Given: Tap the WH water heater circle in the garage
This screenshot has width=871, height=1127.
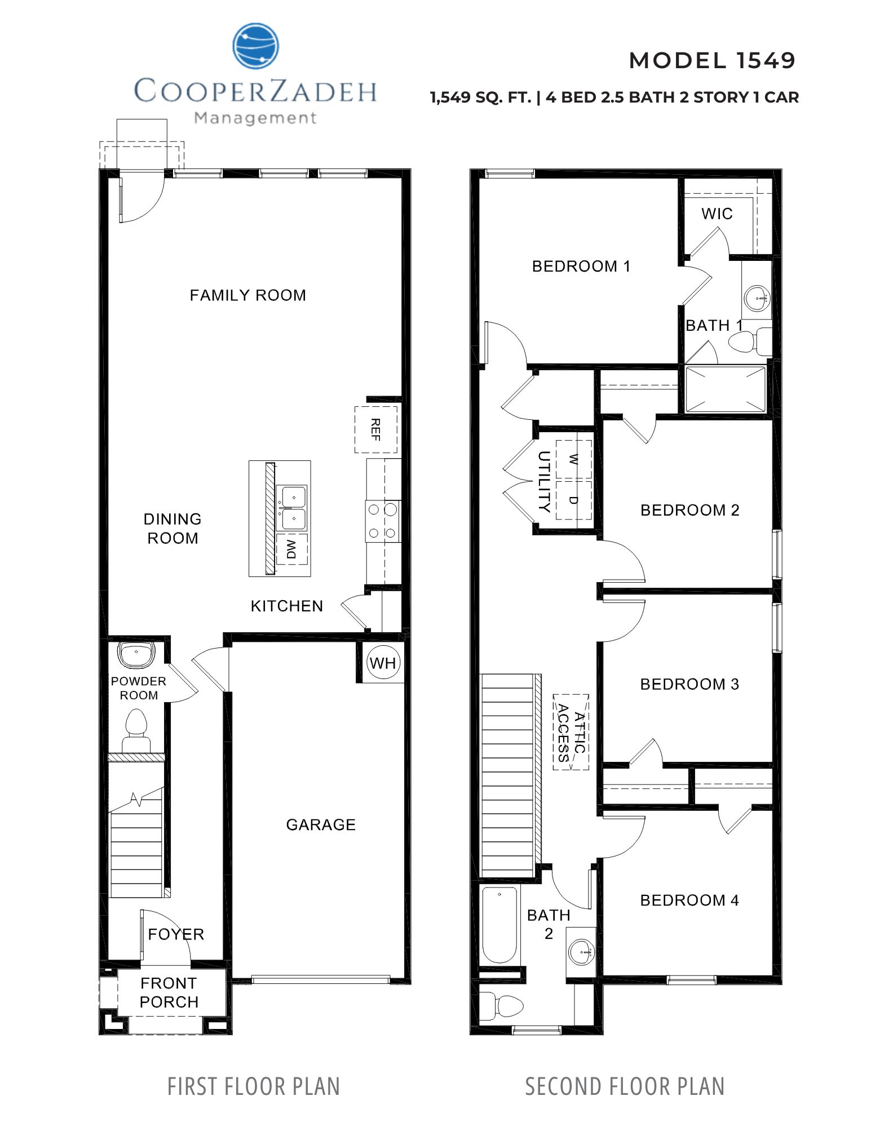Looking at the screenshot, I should [383, 663].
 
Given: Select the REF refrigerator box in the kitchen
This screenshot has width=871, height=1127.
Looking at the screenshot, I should [375, 429].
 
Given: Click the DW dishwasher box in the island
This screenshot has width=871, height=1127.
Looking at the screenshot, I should [291, 548].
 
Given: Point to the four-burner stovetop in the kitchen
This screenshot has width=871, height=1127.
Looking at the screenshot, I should [382, 521].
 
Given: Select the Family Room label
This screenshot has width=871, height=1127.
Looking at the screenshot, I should [247, 295].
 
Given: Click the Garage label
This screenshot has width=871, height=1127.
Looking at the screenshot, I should [321, 824].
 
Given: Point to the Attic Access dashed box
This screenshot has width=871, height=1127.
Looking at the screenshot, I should [571, 732].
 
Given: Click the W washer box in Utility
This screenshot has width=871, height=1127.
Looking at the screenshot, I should [574, 459].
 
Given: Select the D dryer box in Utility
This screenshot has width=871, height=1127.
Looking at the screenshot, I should [574, 500].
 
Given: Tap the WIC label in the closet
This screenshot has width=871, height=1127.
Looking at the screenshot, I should [717, 214].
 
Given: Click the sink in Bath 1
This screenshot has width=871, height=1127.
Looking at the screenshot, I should [757, 296].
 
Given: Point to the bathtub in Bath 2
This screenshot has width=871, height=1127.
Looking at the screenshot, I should [499, 925].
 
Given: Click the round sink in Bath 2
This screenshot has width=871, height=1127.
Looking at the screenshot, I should [581, 952].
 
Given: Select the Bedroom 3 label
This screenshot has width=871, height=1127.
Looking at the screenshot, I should [689, 684].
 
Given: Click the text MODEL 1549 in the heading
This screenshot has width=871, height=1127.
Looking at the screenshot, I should [712, 60].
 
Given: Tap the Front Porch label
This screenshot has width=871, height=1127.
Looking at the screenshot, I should [169, 992].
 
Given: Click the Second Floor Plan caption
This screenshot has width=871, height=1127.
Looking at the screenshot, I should [625, 1086].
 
